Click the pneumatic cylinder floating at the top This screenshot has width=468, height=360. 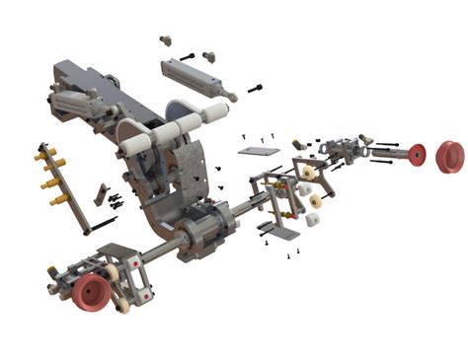coord(195,77)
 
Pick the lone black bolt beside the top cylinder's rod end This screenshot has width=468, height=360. coord(255,89)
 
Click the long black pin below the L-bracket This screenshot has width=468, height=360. coord(104,224)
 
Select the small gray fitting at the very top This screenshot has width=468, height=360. coord(165,41)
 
